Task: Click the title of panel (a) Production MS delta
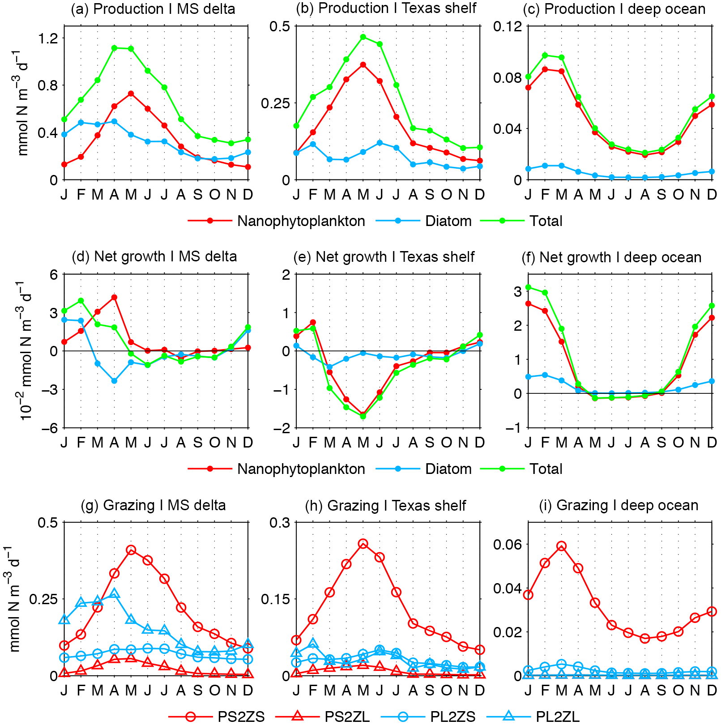pos(153,9)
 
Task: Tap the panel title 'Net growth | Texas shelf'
pos(384,257)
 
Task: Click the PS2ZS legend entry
pos(241,716)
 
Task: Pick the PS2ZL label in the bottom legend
pos(347,716)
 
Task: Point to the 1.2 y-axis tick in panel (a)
pos(48,38)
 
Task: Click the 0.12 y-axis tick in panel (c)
pos(508,26)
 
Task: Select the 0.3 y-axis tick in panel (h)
pos(279,523)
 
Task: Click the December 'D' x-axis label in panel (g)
pos(248,690)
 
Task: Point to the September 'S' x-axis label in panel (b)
pos(430,195)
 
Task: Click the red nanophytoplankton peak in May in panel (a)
pos(131,94)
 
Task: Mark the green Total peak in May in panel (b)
pos(363,37)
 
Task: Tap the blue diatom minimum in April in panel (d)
pos(114,381)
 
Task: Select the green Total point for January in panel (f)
pos(528,287)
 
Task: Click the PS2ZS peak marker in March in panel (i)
pos(562,546)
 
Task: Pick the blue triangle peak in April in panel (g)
pos(114,593)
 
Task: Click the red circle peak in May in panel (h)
pos(363,544)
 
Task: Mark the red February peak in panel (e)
pos(313,322)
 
